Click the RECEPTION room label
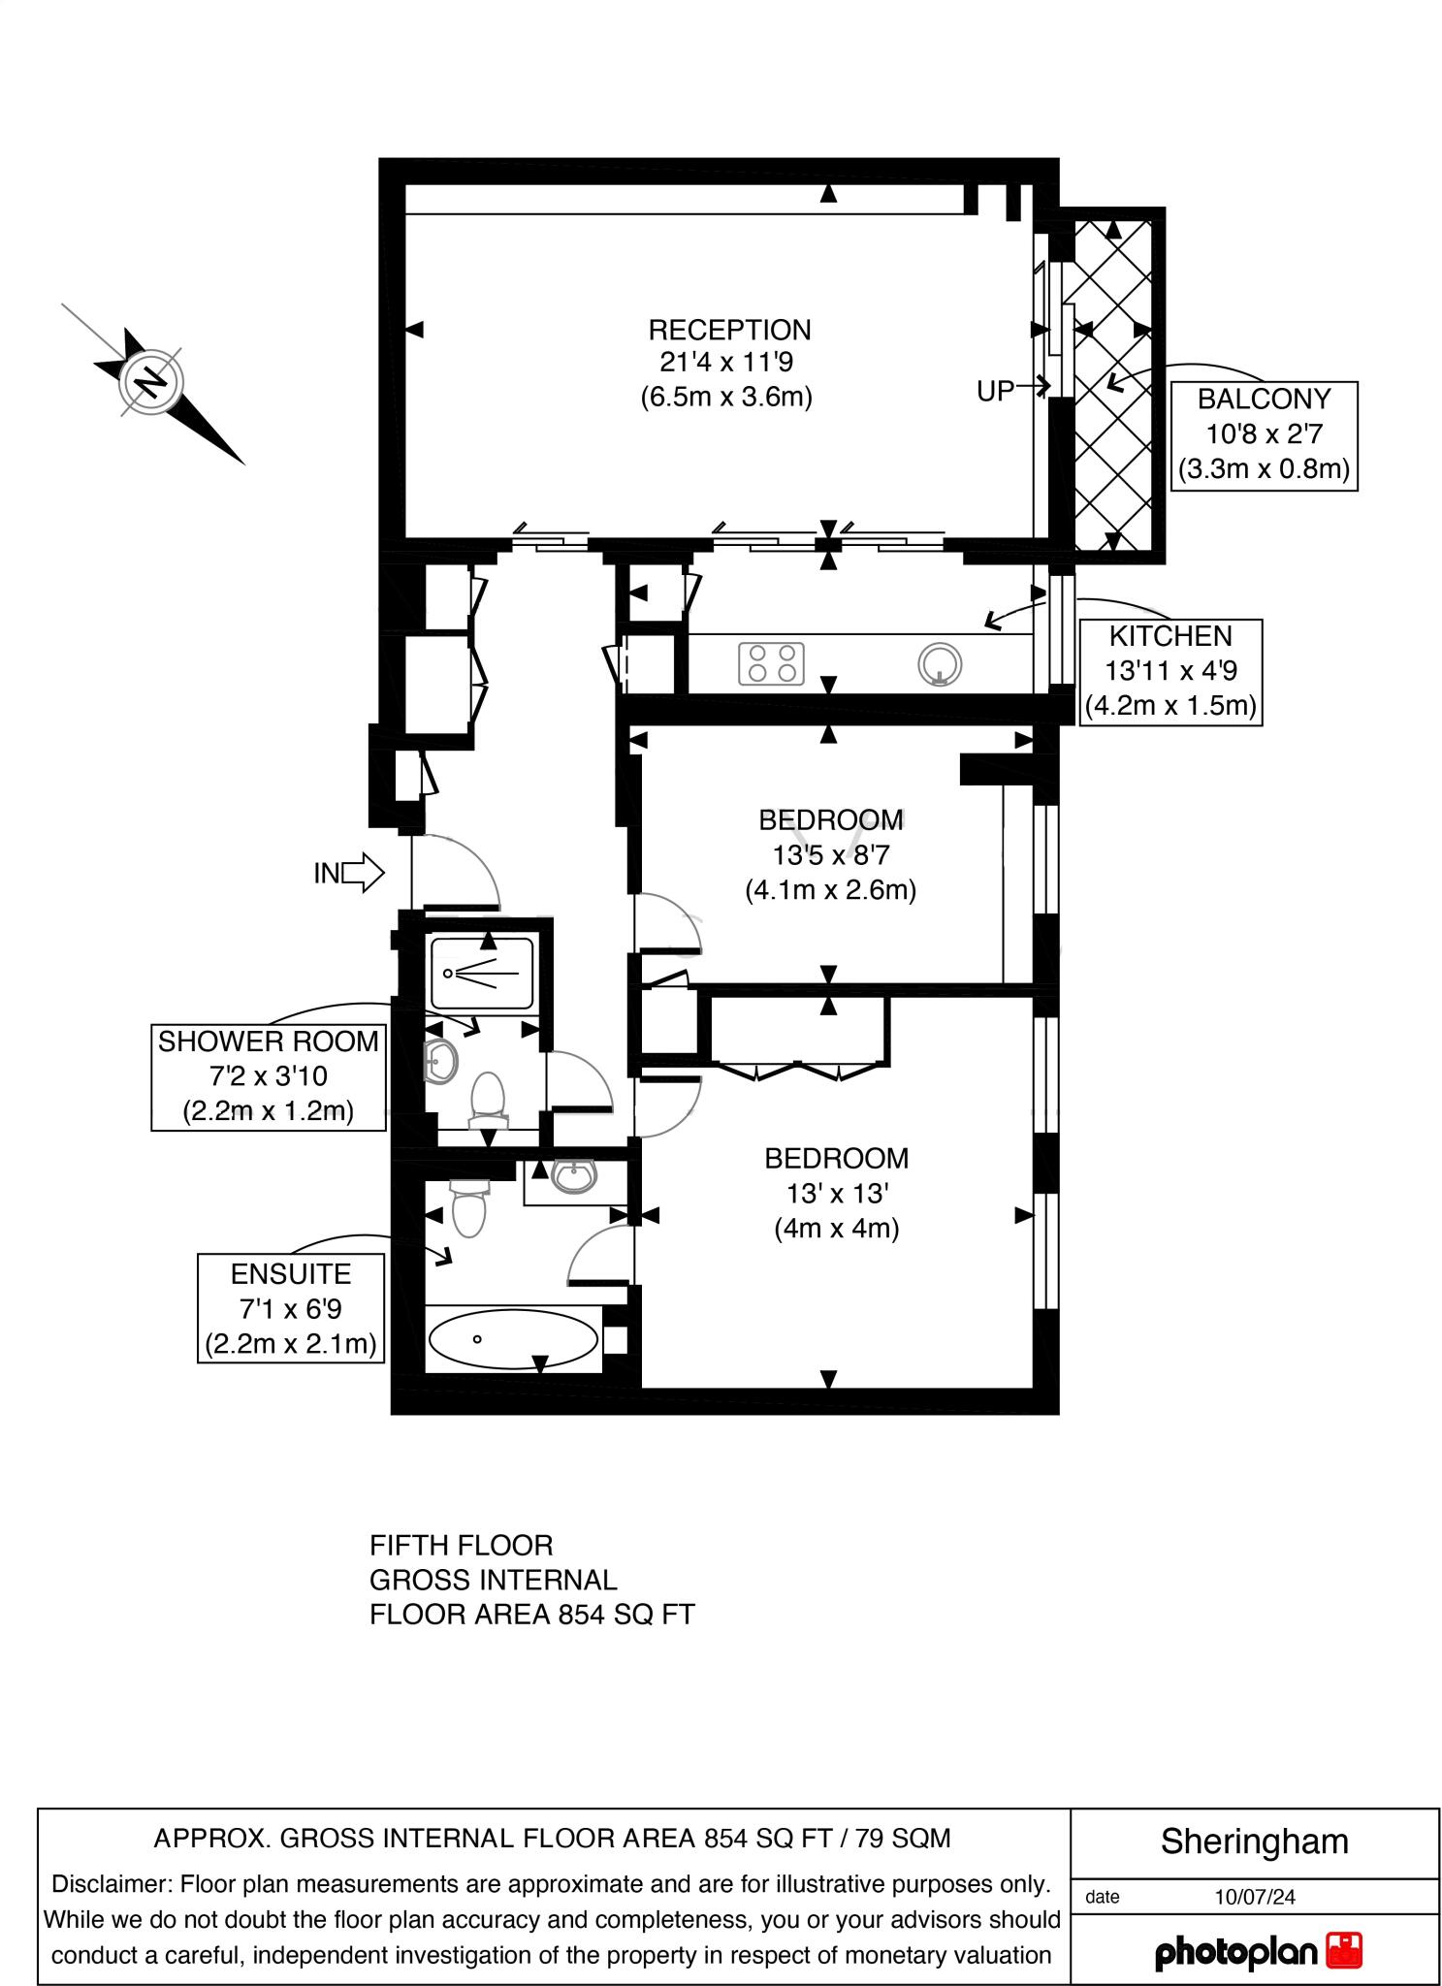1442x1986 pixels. [729, 331]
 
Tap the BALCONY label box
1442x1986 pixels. [1264, 435]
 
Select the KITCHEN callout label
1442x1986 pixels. [1170, 671]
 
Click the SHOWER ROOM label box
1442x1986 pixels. [269, 1075]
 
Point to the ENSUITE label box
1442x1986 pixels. [291, 1308]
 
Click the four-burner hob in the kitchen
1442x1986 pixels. [772, 664]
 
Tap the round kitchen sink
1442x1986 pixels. [939, 664]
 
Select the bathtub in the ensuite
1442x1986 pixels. [513, 1339]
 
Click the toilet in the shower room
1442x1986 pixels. [489, 1102]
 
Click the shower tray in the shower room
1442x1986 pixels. [482, 973]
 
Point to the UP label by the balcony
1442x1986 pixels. [995, 391]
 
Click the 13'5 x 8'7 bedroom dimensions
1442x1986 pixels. [831, 854]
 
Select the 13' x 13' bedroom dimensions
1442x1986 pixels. [836, 1193]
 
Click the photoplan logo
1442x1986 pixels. [1257, 1952]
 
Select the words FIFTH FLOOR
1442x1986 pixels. [461, 1545]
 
